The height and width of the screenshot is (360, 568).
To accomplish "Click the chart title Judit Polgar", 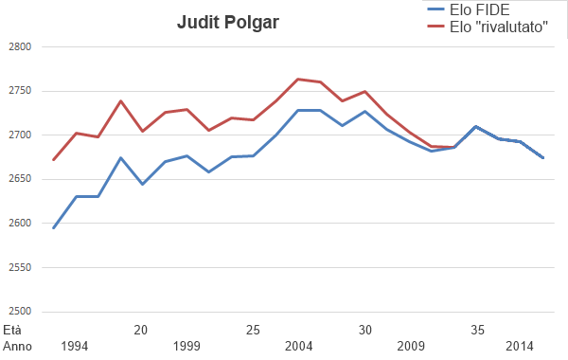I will [x=228, y=22].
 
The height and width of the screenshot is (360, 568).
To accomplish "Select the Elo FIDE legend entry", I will [x=485, y=10].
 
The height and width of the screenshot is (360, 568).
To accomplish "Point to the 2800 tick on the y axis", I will [x=19, y=47].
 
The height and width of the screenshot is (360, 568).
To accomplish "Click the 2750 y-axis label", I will [x=19, y=91].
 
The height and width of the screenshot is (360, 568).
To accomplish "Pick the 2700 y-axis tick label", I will [x=19, y=135].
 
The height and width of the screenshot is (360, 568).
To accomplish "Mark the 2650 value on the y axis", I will [x=19, y=179].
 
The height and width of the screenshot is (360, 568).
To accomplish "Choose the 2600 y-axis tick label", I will [x=19, y=224].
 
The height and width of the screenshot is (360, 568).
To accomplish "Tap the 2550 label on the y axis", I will [x=19, y=267].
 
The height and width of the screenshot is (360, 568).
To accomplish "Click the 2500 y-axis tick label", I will [x=19, y=312].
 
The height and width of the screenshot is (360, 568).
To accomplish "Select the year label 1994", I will [x=74, y=346].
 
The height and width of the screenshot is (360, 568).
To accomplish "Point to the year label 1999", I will [x=186, y=346].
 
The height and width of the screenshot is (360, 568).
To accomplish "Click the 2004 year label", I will [x=299, y=346].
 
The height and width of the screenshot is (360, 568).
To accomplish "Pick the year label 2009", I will [x=412, y=346].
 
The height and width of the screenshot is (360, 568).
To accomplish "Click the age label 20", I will [x=141, y=330].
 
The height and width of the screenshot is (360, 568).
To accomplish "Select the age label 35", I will [x=479, y=330].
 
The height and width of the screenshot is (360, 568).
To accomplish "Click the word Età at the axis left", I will [x=11, y=330].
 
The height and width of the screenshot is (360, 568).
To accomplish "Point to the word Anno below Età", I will [x=16, y=346].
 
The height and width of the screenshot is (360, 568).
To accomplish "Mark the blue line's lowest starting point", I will [x=53, y=227].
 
